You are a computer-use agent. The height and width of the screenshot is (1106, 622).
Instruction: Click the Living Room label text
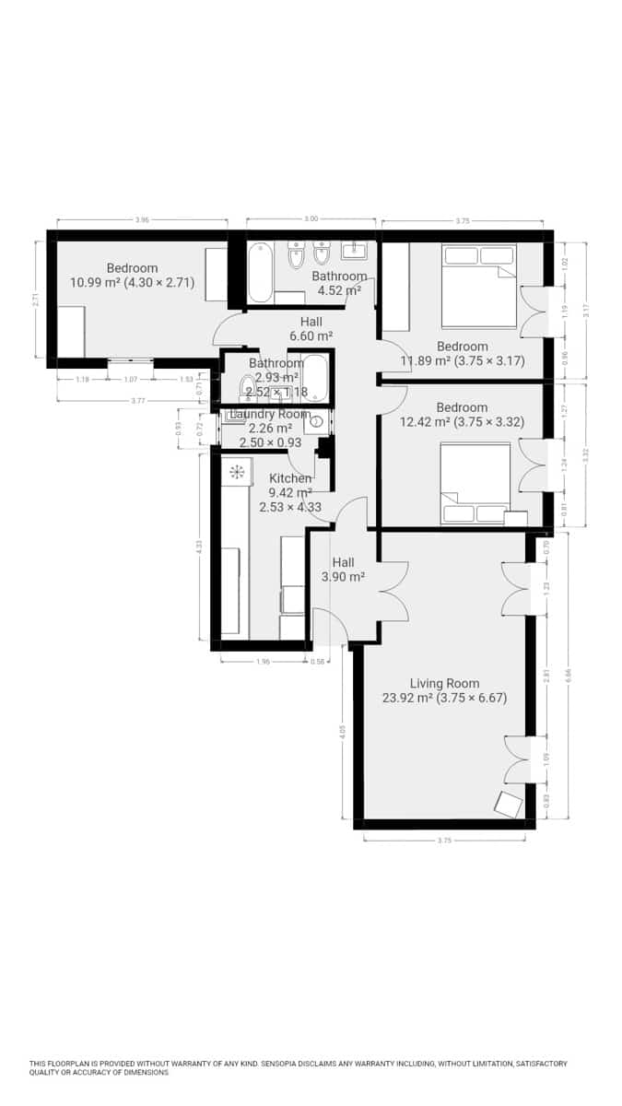tap(444, 683)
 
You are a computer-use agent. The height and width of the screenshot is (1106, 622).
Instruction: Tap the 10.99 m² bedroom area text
tap(132, 283)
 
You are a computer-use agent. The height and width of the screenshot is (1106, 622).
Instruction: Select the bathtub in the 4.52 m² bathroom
tap(260, 272)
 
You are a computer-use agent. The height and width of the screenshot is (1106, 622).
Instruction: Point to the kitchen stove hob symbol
tap(237, 473)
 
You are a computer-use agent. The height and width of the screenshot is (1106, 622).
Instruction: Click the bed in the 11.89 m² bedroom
tap(478, 286)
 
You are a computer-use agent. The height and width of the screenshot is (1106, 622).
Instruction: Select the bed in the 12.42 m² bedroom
tap(475, 482)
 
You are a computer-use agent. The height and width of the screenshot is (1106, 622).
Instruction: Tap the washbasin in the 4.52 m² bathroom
tap(353, 252)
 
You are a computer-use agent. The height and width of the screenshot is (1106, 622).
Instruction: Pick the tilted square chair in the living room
tap(508, 804)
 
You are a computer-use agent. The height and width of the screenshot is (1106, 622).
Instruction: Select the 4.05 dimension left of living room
tap(343, 733)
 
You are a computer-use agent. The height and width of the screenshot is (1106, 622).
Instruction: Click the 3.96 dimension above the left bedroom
tap(142, 220)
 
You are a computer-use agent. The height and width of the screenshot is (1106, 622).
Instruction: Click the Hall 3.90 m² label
tap(343, 570)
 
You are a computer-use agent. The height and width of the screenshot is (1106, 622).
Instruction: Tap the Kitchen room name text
tap(289, 478)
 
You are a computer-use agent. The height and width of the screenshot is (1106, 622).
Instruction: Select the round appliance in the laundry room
tap(317, 423)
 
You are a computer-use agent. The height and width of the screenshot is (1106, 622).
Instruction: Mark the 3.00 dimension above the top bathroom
tap(311, 219)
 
